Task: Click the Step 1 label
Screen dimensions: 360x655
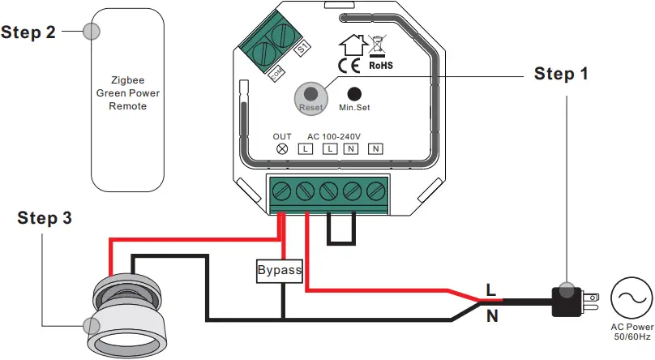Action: pyautogui.click(x=561, y=74)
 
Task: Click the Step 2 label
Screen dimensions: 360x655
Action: pyautogui.click(x=28, y=32)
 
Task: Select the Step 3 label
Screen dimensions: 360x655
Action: pyautogui.click(x=45, y=218)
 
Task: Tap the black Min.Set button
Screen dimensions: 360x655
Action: pyautogui.click(x=353, y=94)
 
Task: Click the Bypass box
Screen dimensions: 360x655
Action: pyautogui.click(x=280, y=270)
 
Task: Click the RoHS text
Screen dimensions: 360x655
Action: pyautogui.click(x=380, y=65)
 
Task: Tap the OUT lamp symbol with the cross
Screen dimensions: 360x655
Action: pyautogui.click(x=282, y=148)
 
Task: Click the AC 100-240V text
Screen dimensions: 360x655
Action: pyautogui.click(x=333, y=135)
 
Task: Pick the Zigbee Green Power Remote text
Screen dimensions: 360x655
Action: pyautogui.click(x=128, y=93)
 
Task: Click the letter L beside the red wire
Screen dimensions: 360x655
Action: pyautogui.click(x=490, y=289)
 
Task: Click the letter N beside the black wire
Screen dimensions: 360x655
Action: pyautogui.click(x=491, y=316)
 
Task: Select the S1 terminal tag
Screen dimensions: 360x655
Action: pyautogui.click(x=303, y=49)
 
